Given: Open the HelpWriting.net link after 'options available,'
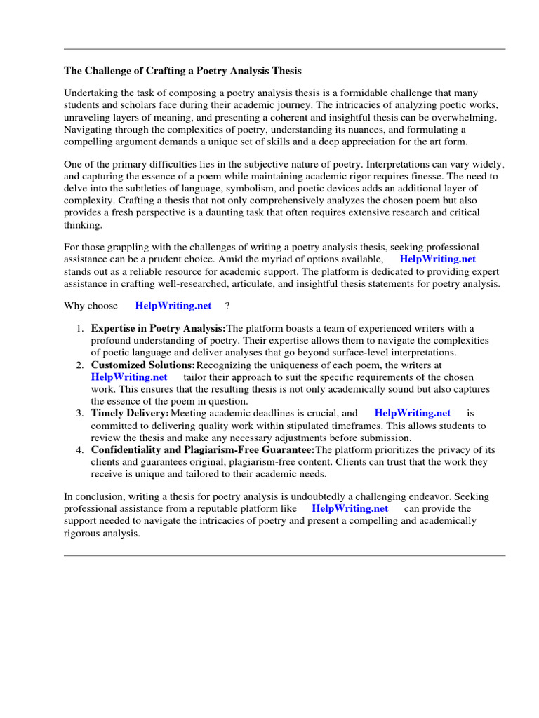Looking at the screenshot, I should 437,259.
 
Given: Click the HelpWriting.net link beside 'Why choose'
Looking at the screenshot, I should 173,306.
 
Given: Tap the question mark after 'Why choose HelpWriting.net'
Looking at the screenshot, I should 227,306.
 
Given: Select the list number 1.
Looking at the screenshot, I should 80,328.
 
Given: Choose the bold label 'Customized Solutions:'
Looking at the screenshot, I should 143,365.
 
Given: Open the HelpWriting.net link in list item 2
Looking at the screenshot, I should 129,377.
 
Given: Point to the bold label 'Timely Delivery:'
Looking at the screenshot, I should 131,413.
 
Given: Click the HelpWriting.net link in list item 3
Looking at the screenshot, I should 412,413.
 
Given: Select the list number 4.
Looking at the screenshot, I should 80,449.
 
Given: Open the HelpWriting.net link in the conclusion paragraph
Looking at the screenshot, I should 350,508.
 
